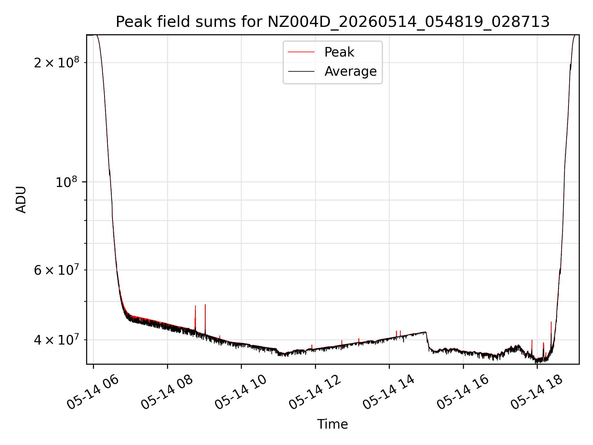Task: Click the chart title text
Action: point(333,22)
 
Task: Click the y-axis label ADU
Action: point(21,200)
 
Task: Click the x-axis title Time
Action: point(333,424)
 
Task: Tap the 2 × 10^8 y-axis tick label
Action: point(57,62)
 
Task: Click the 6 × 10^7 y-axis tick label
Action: point(57,270)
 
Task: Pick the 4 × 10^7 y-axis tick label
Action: point(57,340)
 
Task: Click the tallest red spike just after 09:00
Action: point(205,318)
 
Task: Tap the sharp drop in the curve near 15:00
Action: point(427,341)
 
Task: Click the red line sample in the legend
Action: point(301,52)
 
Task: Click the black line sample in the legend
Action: point(301,71)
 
